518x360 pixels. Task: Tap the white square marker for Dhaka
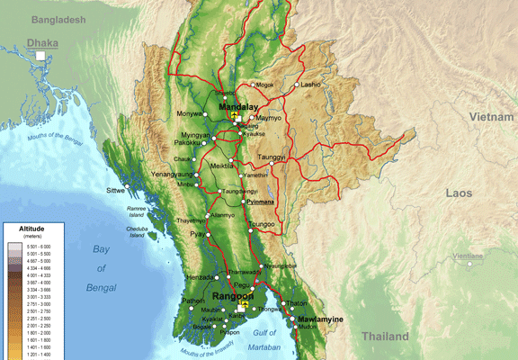(40, 56)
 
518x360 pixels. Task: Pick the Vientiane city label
(468, 256)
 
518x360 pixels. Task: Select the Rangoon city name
(232, 296)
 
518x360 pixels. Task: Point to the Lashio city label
(310, 85)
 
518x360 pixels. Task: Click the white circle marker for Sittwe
(129, 185)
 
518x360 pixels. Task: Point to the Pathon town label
(193, 301)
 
